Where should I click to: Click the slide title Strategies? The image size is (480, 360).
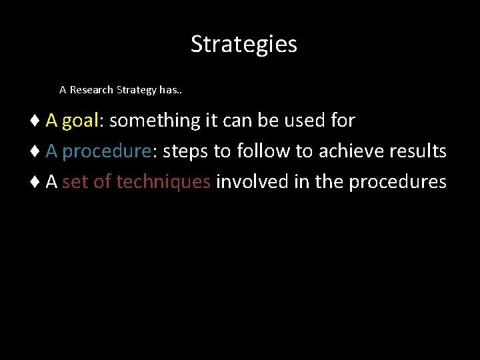(x=243, y=44)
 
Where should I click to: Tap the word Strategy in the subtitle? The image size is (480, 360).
(x=137, y=90)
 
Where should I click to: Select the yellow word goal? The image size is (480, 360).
(x=80, y=121)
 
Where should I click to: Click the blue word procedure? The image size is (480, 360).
(x=107, y=152)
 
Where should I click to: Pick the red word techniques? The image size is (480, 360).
(x=163, y=182)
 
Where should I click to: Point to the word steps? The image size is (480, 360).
(x=186, y=152)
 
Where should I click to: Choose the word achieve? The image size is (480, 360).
(x=349, y=151)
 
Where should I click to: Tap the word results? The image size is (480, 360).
(x=418, y=151)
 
